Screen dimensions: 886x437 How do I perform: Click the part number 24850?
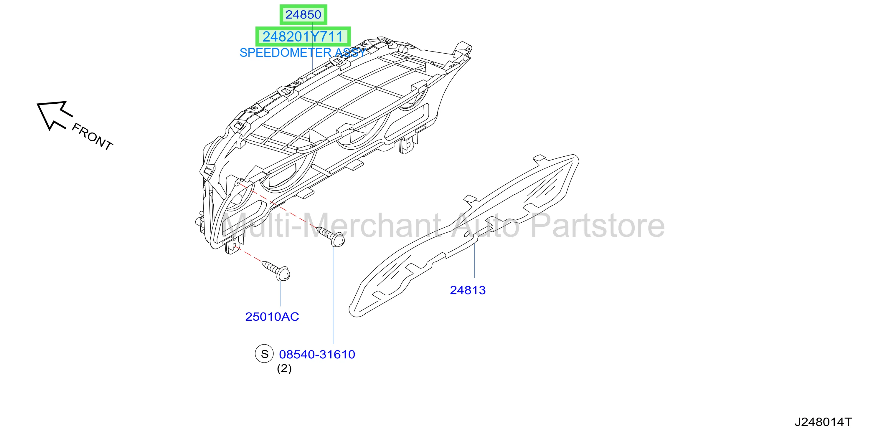[303, 14]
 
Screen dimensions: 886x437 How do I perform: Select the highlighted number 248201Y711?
[303, 37]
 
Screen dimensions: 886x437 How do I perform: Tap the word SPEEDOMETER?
[285, 53]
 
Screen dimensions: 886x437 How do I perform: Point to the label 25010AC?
[272, 317]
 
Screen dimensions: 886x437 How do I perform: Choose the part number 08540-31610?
[317, 354]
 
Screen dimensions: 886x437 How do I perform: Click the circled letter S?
[264, 354]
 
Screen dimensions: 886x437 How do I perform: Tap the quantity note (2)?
[284, 369]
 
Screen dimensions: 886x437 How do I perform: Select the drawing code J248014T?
[823, 422]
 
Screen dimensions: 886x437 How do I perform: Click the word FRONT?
[92, 137]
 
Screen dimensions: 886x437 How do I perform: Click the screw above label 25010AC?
[276, 271]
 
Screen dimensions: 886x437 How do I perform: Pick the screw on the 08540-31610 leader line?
[331, 236]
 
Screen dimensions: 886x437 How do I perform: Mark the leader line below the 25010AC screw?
[280, 293]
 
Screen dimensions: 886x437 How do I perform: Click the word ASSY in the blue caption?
[350, 53]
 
